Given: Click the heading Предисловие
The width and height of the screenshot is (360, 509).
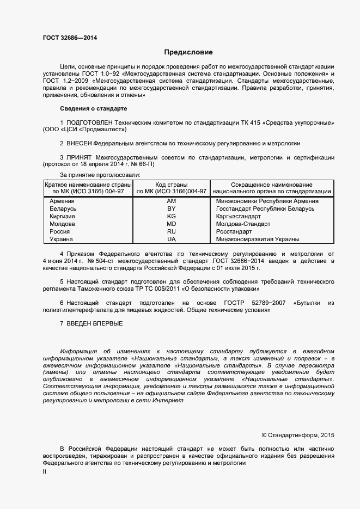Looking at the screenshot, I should point(188,53).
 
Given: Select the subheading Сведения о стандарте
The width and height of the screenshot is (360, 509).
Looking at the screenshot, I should point(93,108).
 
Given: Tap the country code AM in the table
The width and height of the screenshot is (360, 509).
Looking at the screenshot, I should point(171,201).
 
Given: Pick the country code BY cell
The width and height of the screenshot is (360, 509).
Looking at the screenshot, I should point(171,208).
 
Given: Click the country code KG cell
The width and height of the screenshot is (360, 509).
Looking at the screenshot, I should point(171,216).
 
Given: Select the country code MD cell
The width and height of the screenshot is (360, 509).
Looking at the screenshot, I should point(171,224).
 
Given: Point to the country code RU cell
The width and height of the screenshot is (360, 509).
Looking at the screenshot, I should point(171,231).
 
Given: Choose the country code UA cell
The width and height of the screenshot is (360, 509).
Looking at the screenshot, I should point(171,239).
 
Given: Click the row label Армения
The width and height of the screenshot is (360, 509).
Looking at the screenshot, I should point(63,201).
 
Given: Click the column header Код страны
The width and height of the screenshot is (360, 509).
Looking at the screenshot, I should point(171,185).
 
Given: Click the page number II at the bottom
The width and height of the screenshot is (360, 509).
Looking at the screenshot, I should point(45,472).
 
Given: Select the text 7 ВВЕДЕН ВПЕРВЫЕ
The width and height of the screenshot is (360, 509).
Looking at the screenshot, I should point(91,324).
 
